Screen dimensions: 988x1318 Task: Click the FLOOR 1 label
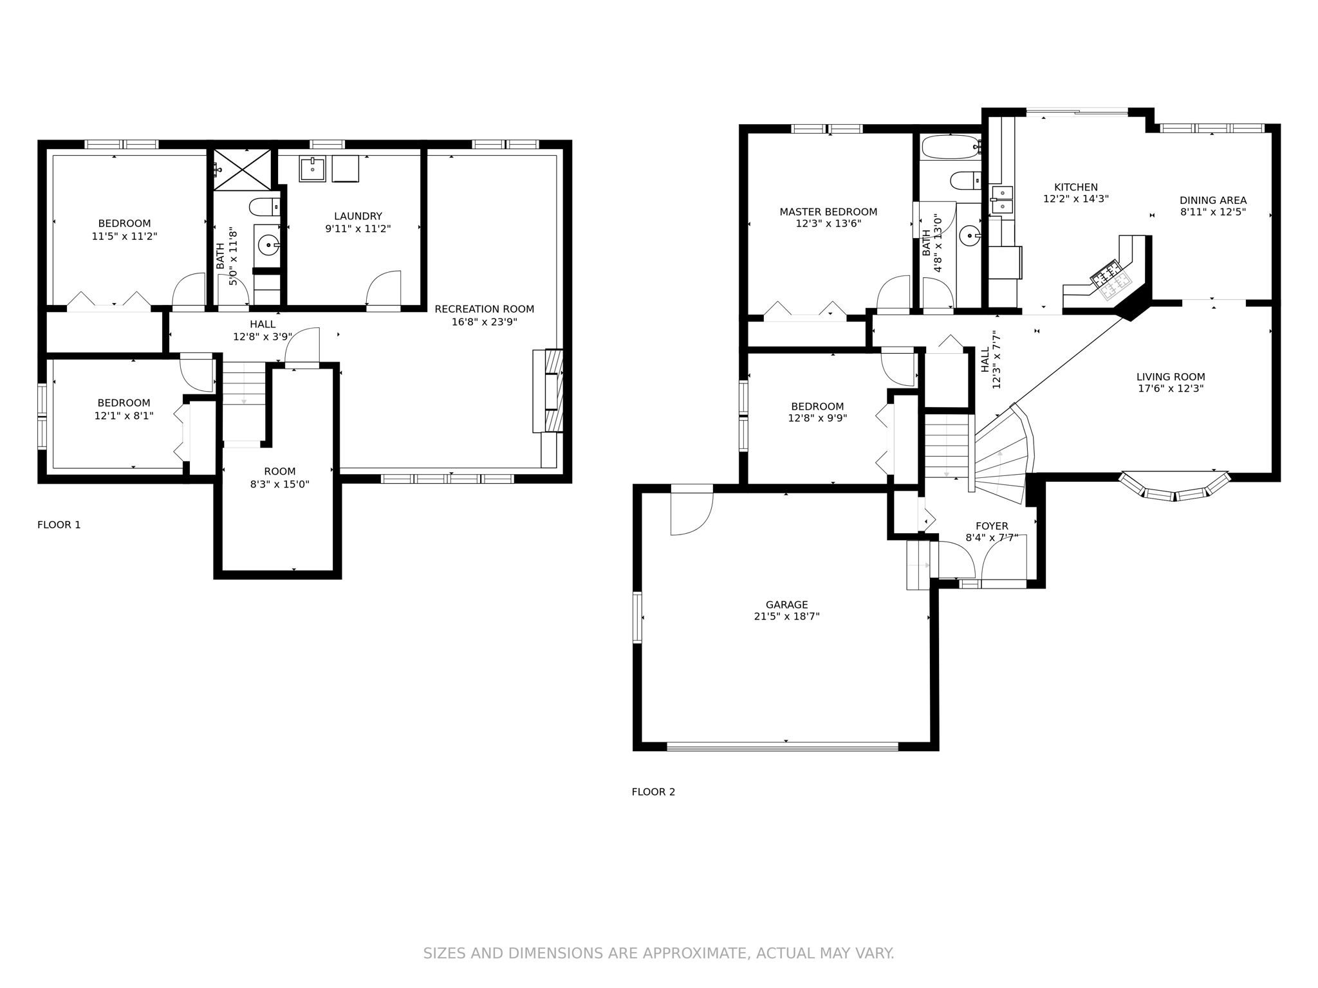point(59,525)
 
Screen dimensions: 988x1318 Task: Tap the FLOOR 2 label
point(653,792)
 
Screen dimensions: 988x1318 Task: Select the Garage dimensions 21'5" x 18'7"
point(786,616)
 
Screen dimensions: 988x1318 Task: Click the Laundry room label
point(358,216)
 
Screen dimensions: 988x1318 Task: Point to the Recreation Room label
point(484,309)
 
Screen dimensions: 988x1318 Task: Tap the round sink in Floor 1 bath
point(268,245)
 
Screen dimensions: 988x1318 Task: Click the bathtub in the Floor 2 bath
point(950,147)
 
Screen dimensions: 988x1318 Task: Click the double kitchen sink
point(1002,199)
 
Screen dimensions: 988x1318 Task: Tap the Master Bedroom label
point(828,212)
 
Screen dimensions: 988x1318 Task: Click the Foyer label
point(992,526)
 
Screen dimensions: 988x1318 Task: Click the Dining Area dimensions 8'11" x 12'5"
point(1213,212)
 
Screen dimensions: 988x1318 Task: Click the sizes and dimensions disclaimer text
point(658,953)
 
